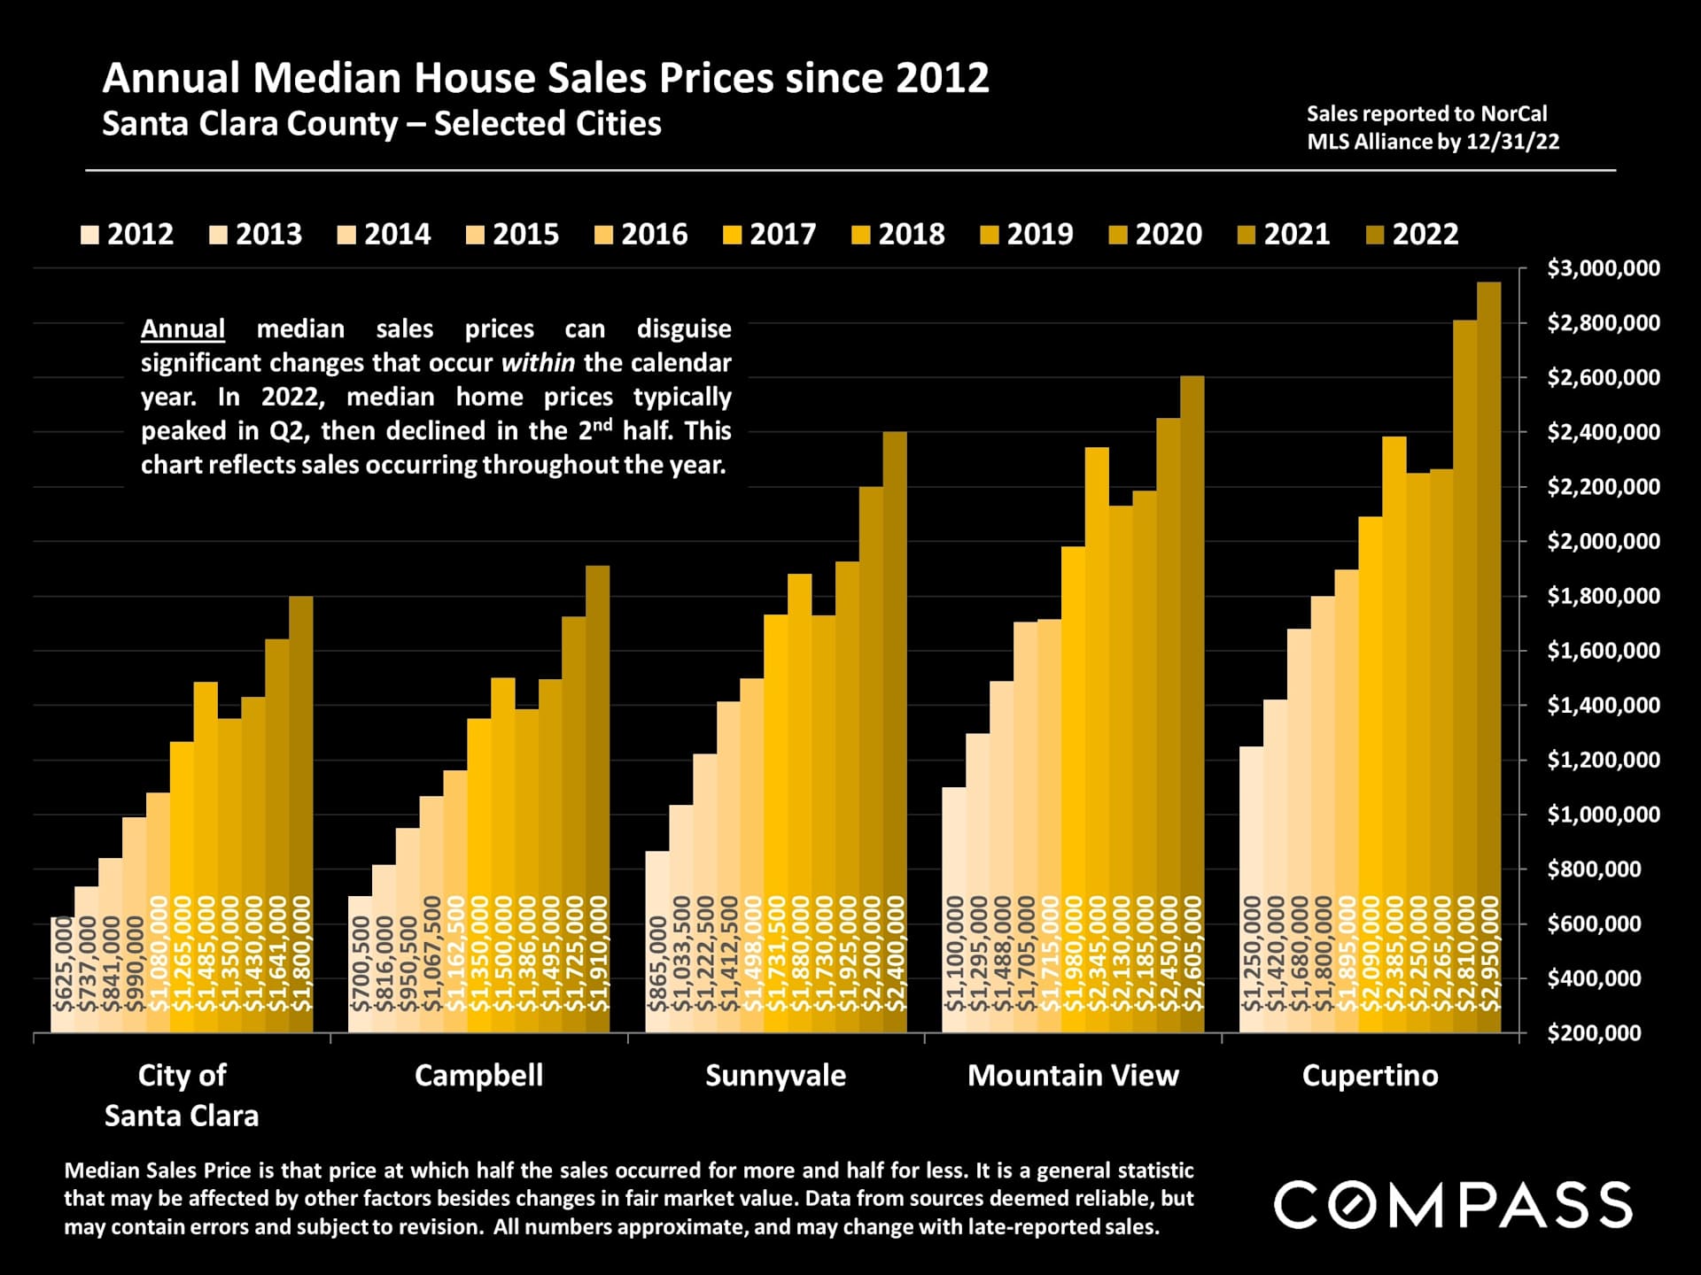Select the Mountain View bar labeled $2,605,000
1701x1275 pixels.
[1192, 704]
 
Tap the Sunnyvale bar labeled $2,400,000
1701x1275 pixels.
[895, 731]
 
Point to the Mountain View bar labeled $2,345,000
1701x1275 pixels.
[1097, 739]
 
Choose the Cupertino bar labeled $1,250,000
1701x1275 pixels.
[1251, 889]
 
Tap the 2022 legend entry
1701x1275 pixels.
[1412, 235]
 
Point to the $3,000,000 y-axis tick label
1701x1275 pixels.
[1604, 268]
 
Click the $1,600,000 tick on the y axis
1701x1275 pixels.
[1604, 651]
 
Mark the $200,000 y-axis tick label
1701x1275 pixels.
[1595, 1033]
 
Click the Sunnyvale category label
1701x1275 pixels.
[775, 1076]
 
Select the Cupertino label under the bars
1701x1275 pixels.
[1370, 1076]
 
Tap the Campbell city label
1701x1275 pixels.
[478, 1076]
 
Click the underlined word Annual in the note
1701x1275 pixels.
[183, 329]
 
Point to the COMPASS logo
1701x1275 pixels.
[1453, 1205]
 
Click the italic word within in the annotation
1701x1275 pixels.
[538, 363]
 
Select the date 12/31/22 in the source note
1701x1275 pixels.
[1512, 142]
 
